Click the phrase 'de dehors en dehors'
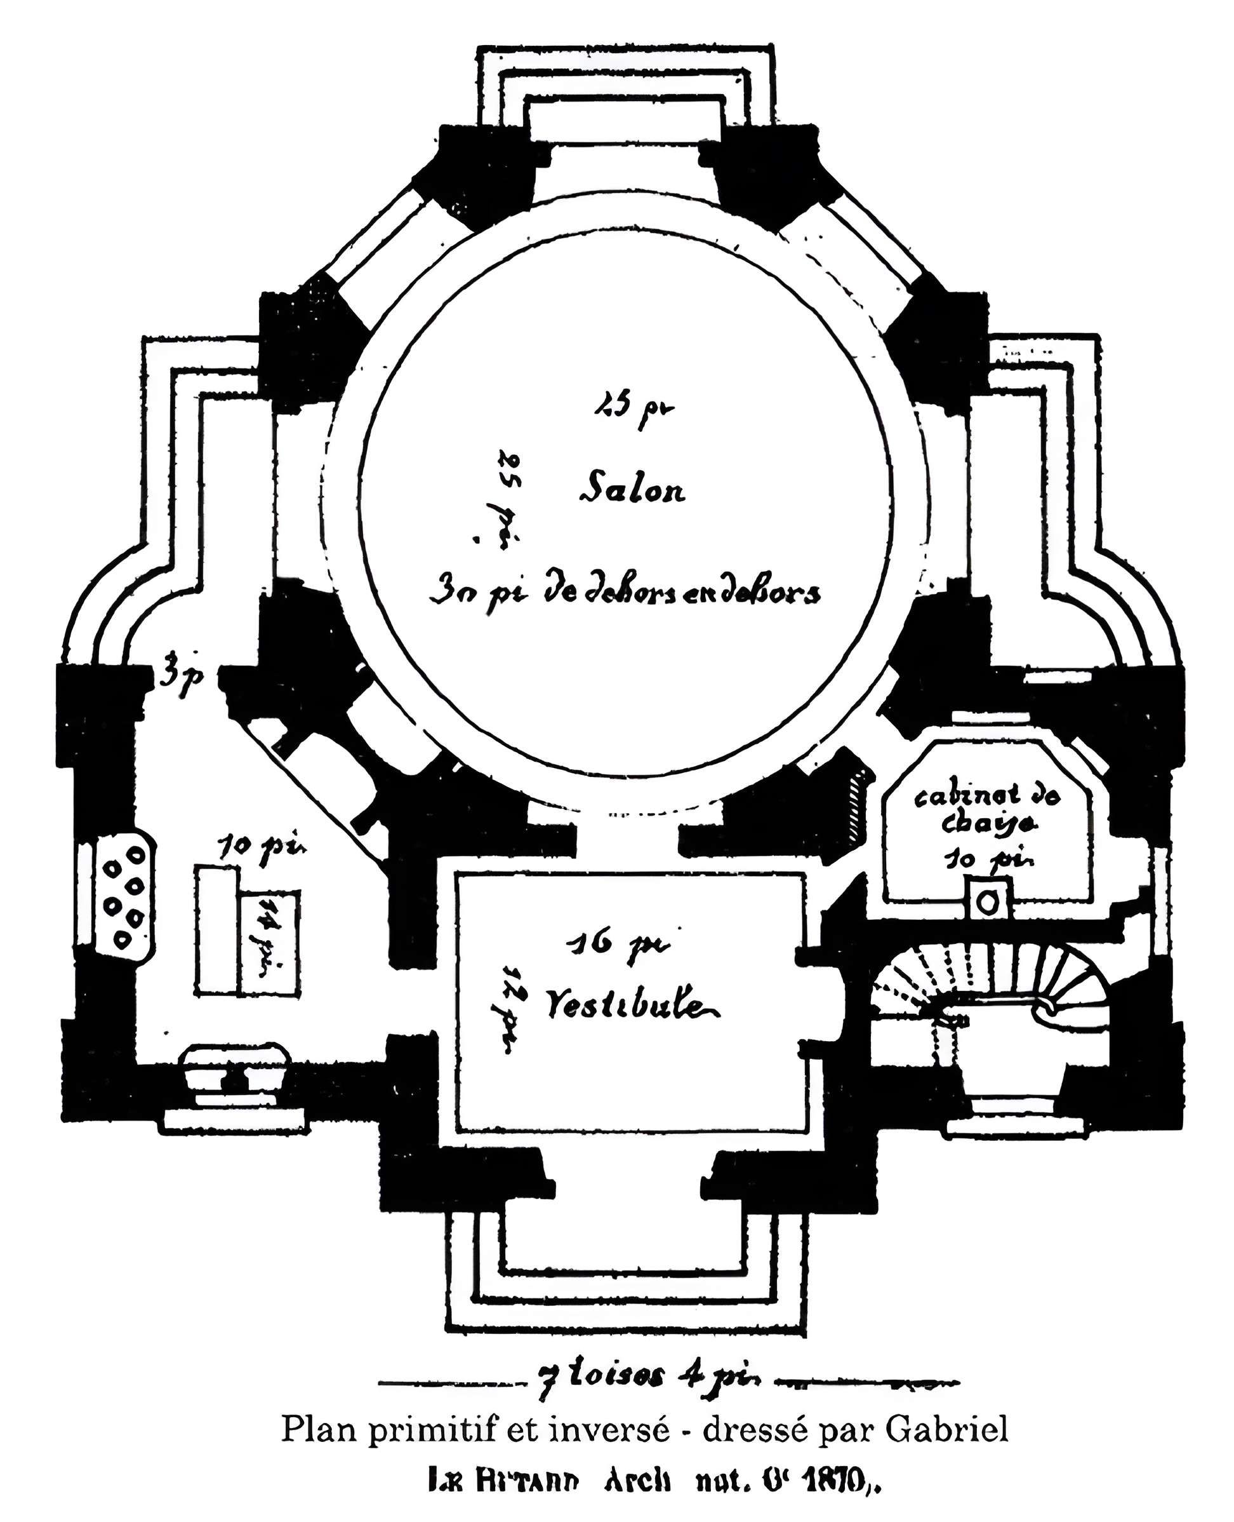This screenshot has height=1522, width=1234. pos(681,593)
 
